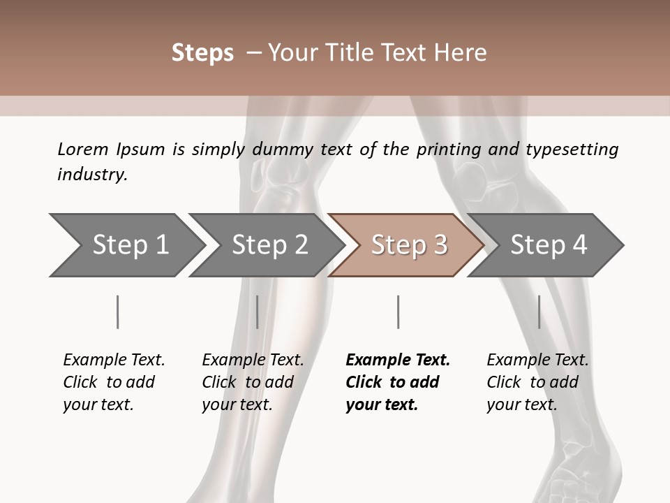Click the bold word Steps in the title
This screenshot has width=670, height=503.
click(202, 53)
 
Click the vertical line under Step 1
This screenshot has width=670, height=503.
click(117, 312)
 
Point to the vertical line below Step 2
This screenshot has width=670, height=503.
click(257, 312)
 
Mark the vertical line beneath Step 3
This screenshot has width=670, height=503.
click(398, 312)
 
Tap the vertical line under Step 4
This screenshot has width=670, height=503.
click(539, 312)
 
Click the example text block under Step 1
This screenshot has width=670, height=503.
click(114, 382)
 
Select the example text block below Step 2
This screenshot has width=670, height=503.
click(253, 382)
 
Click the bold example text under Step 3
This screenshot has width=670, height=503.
click(397, 382)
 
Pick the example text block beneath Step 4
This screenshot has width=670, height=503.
click(537, 382)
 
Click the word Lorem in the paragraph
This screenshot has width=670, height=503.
click(83, 149)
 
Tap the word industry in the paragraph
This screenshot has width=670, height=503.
click(92, 175)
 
